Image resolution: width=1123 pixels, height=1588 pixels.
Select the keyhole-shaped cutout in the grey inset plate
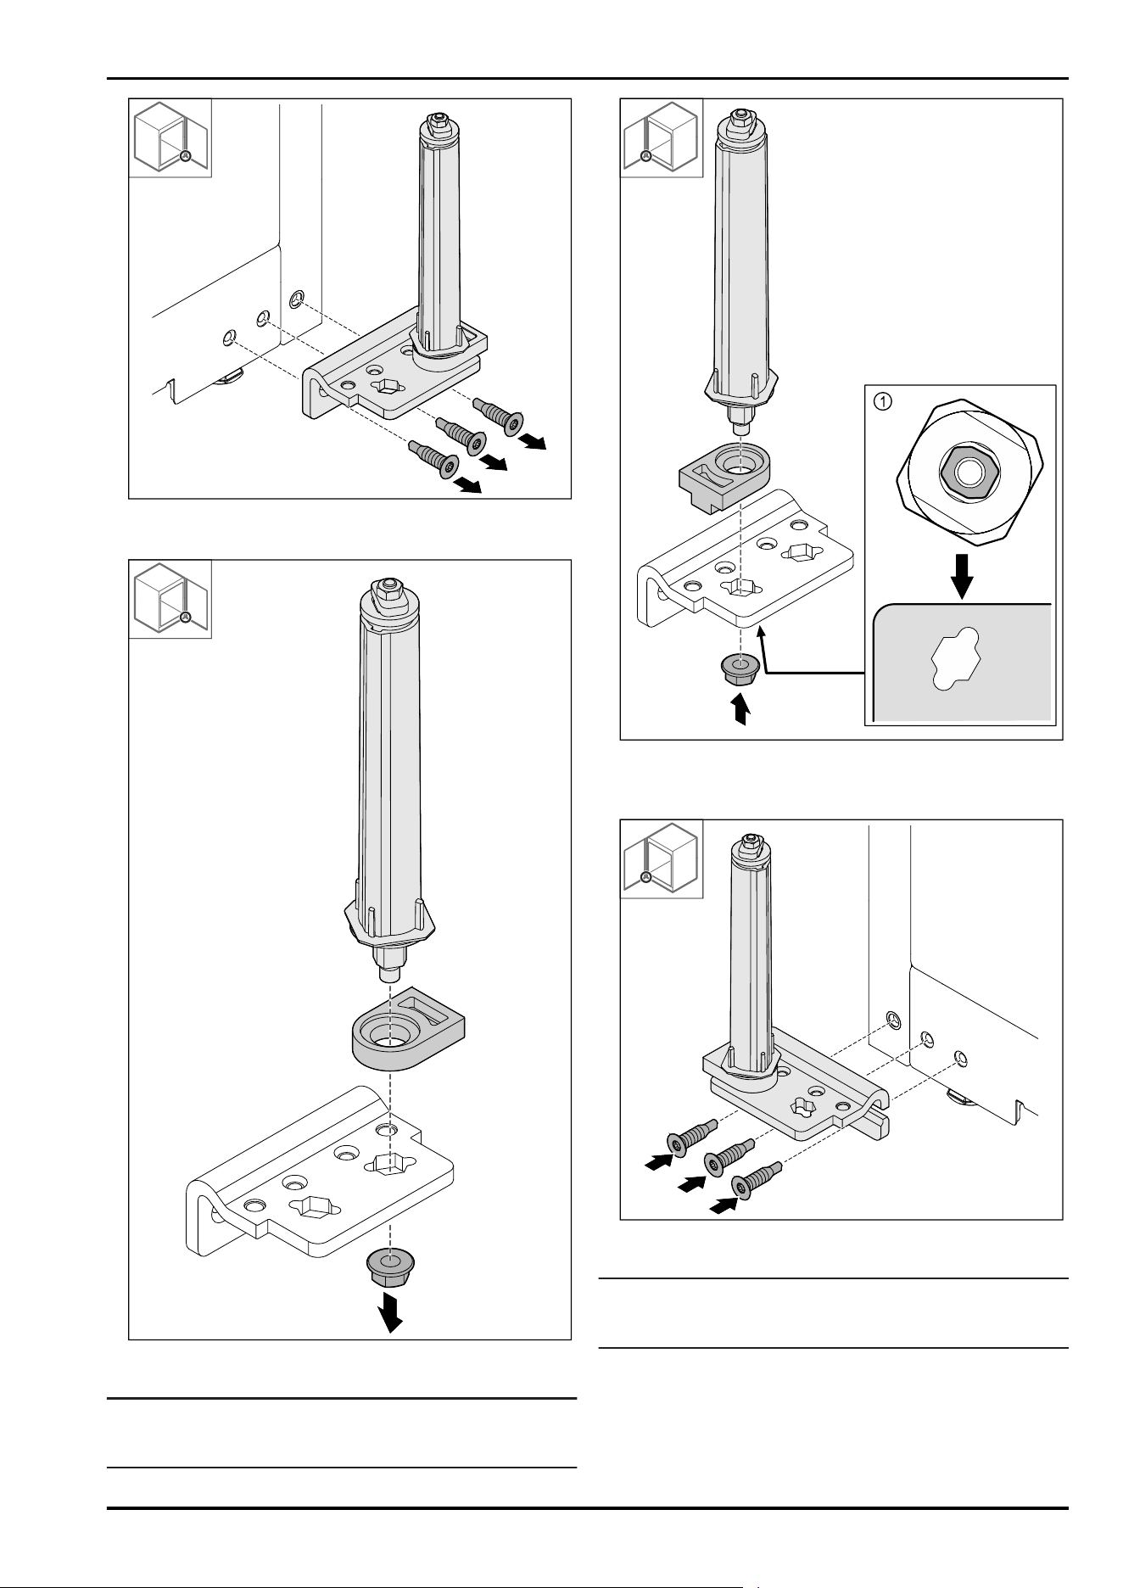pyautogui.click(x=957, y=662)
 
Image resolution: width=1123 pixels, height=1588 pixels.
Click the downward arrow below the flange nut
pyautogui.click(x=390, y=1312)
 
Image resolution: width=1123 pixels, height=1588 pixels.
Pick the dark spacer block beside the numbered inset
pyautogui.click(x=725, y=474)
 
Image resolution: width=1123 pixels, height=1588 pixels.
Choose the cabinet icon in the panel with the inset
pyautogui.click(x=662, y=138)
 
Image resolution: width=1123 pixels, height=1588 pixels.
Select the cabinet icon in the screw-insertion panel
pyautogui.click(x=662, y=858)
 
